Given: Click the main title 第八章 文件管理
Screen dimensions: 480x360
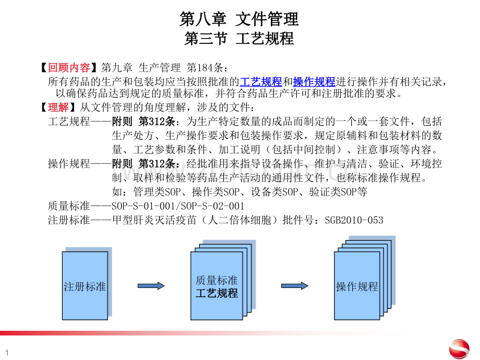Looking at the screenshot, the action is coord(239,19).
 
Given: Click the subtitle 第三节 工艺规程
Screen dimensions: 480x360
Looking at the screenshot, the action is coord(239,39).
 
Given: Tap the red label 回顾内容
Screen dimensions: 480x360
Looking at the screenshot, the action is coord(69,68).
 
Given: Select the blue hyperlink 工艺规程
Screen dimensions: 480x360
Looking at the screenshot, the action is coord(261,82).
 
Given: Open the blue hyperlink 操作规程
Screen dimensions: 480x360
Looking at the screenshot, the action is coord(314,82).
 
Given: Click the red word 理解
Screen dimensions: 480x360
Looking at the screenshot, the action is coord(58,107).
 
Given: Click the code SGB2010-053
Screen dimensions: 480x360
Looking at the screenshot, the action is coord(354,220).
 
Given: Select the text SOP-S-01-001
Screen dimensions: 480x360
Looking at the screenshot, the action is coord(144,206).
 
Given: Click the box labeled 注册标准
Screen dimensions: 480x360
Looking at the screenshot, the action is coord(85,285).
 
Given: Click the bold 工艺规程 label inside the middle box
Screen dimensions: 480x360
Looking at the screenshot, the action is coord(217,293).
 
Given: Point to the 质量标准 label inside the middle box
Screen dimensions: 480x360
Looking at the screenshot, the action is coord(217,280).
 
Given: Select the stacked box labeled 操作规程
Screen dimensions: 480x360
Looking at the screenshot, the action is coord(357,285).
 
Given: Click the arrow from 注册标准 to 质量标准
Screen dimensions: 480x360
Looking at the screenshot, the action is coord(151,286).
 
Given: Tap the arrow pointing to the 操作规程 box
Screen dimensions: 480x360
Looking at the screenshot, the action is coord(295,286).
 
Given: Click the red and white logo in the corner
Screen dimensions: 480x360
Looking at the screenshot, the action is coord(459,349).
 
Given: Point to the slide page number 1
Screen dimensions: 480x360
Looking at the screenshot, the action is coord(7,353).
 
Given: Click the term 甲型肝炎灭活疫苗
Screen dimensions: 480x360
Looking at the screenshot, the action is coord(154,220).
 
